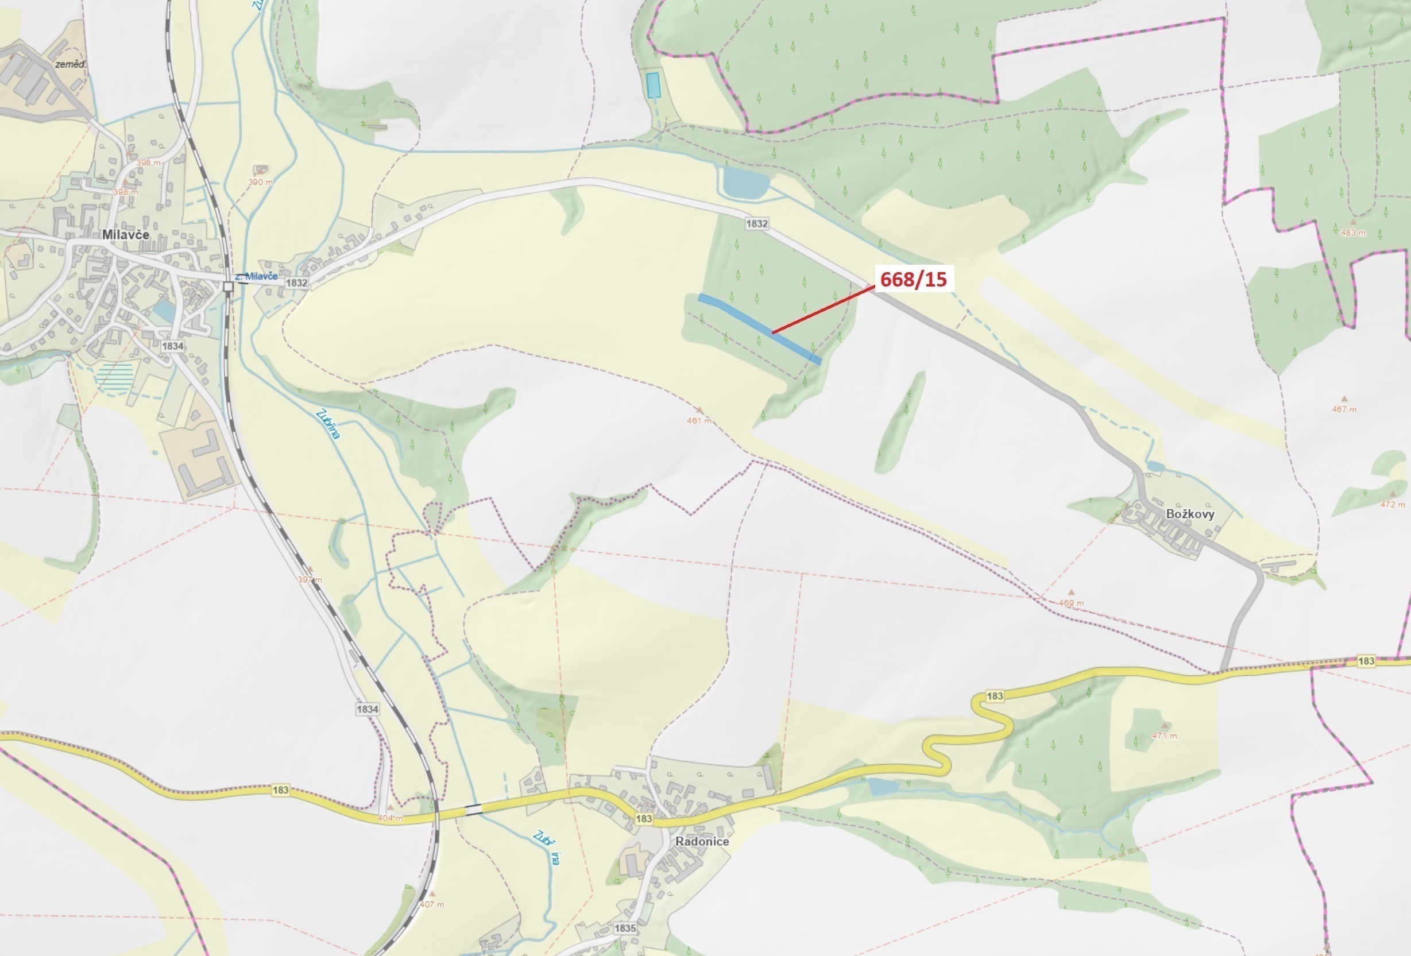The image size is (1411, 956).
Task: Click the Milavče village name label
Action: click(126, 235)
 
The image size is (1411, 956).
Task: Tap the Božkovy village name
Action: click(1190, 514)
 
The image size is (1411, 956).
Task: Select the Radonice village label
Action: click(702, 842)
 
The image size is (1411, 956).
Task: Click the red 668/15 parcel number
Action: click(913, 279)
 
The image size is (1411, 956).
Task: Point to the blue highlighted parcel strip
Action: click(759, 328)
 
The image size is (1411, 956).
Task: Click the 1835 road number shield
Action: click(625, 928)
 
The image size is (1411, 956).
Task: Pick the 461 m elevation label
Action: click(699, 421)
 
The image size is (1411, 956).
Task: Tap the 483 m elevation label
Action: click(1354, 233)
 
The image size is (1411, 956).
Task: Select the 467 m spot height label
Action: click(1344, 409)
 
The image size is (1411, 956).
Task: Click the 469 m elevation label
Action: click(1071, 603)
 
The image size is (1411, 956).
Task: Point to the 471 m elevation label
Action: click(1165, 736)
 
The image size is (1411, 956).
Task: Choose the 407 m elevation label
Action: click(432, 904)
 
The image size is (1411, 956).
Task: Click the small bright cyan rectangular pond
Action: click(654, 85)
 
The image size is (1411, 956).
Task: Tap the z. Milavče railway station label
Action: click(256, 276)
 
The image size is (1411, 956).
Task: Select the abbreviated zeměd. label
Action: click(71, 64)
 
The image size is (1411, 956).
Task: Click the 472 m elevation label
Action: click(1393, 504)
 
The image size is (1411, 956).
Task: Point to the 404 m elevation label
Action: click(390, 818)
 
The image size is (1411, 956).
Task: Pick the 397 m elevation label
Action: click(310, 580)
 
